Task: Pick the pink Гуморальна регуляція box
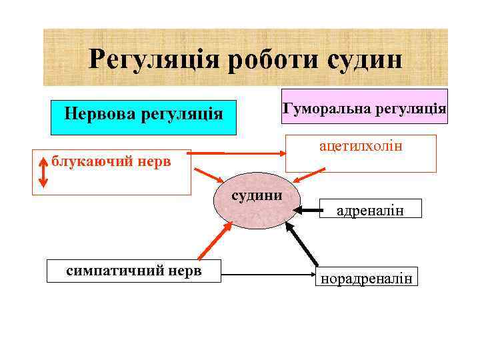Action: pos(364,107)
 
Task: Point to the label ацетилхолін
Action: pos(361,145)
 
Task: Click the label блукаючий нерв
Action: pos(111,161)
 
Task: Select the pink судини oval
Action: pos(255,203)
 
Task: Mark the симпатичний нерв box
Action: pos(133,270)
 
